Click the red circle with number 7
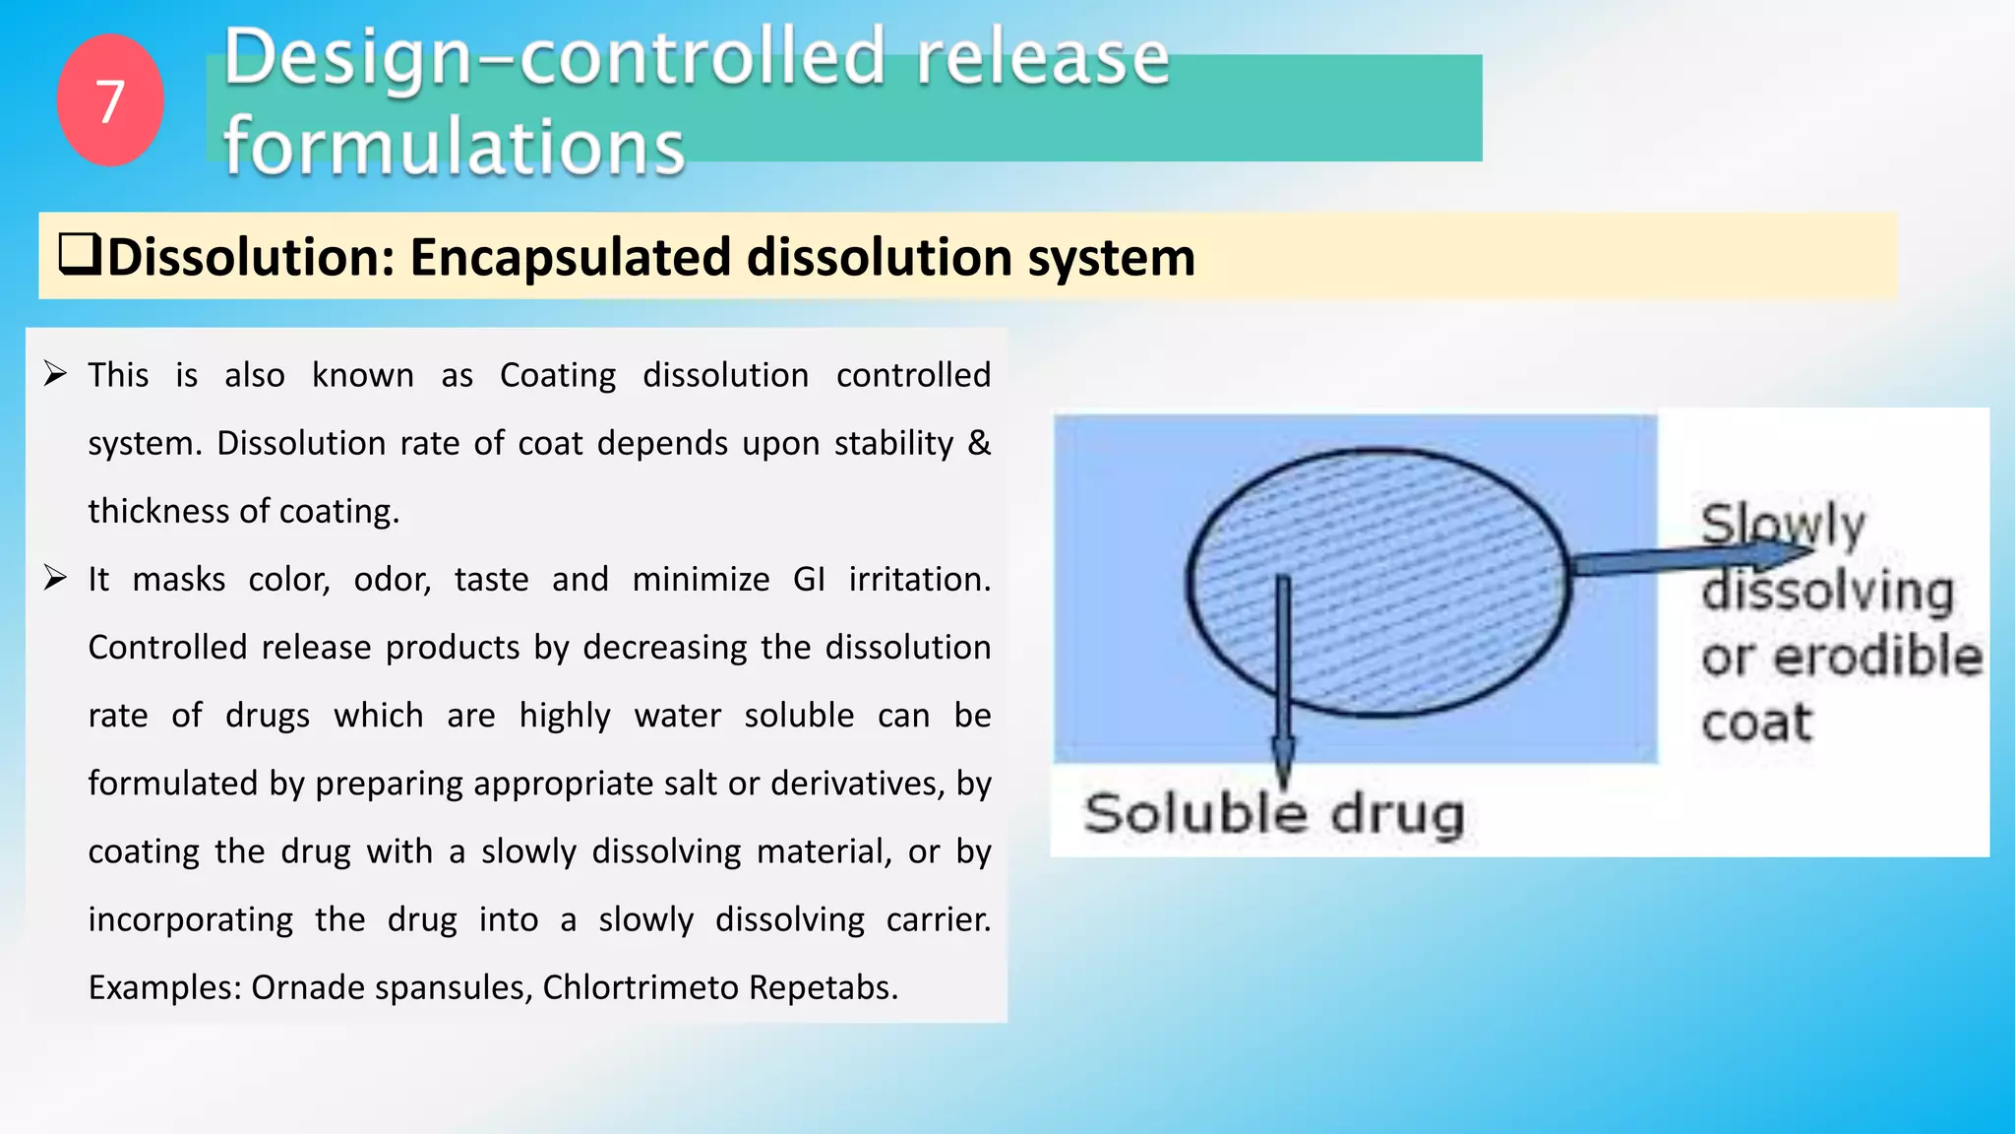coord(110,100)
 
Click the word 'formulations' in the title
coord(454,146)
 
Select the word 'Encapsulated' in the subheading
coord(571,258)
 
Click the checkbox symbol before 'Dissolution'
coord(80,255)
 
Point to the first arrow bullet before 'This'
coord(55,374)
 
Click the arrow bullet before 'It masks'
coord(55,578)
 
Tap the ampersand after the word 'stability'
coord(979,443)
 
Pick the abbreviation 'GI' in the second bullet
coord(809,579)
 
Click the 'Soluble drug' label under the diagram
coord(1273,815)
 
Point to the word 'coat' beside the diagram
coord(1756,723)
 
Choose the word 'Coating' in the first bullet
coord(558,375)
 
